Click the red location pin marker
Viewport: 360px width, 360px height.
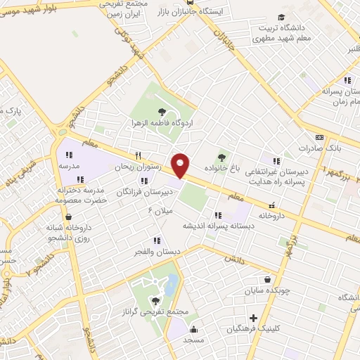pyautogui.click(x=181, y=165)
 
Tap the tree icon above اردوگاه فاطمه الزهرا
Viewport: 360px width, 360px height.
pyautogui.click(x=162, y=111)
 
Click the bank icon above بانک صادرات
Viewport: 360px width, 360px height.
pyautogui.click(x=320, y=137)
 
